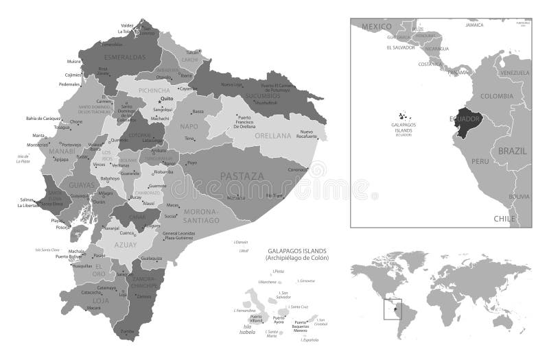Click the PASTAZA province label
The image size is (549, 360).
click(242, 176)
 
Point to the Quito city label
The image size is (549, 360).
click(166, 98)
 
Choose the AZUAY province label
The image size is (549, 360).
click(125, 243)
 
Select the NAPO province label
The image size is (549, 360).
click(189, 127)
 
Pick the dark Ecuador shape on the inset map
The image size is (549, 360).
click(464, 121)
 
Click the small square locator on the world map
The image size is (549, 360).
click(393, 309)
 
